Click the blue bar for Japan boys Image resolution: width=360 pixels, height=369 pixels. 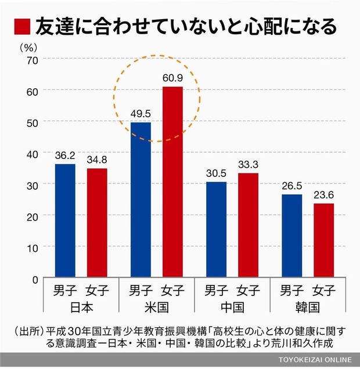pyautogui.click(x=65, y=221)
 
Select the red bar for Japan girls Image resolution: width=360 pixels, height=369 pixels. pyautogui.click(x=97, y=223)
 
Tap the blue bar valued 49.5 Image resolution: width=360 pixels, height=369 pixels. pyautogui.click(x=141, y=200)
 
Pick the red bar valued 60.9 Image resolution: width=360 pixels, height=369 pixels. pyautogui.click(x=172, y=183)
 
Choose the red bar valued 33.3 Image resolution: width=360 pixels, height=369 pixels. pyautogui.click(x=248, y=226)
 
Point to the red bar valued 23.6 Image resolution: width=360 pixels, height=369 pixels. pyautogui.click(x=323, y=241)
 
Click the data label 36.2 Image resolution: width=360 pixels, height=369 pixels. pyautogui.click(x=65, y=156)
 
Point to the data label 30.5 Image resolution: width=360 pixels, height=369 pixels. pyautogui.click(x=216, y=174)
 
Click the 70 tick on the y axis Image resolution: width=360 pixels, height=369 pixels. pyautogui.click(x=32, y=59)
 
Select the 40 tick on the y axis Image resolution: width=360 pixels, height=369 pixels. pyautogui.click(x=32, y=153)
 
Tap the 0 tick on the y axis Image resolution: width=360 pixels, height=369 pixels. pyautogui.click(x=35, y=280)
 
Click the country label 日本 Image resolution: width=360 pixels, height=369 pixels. pyautogui.click(x=81, y=307)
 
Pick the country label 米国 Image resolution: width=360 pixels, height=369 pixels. pyautogui.click(x=156, y=307)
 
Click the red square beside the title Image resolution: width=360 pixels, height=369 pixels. pyautogui.click(x=23, y=26)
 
